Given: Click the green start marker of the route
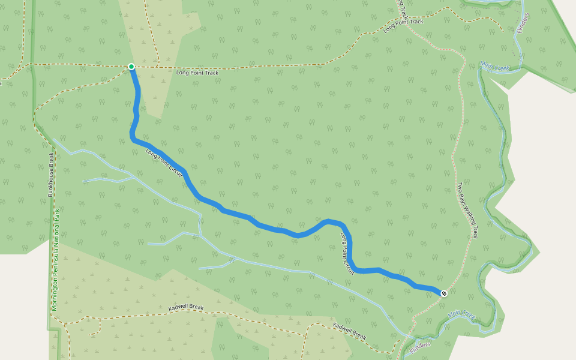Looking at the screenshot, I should tap(131, 66).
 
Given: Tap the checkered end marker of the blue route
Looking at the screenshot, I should tap(443, 293).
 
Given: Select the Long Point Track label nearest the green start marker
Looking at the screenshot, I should tap(197, 73).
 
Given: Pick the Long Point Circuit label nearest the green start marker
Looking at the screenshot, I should tap(164, 163).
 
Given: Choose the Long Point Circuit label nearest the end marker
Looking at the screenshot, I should tap(345, 249).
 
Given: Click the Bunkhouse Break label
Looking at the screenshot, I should tap(52, 174).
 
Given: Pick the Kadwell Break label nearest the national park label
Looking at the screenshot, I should tap(185, 308).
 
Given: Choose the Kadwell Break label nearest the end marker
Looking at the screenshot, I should tap(349, 332).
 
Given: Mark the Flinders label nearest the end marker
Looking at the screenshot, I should tap(421, 347).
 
